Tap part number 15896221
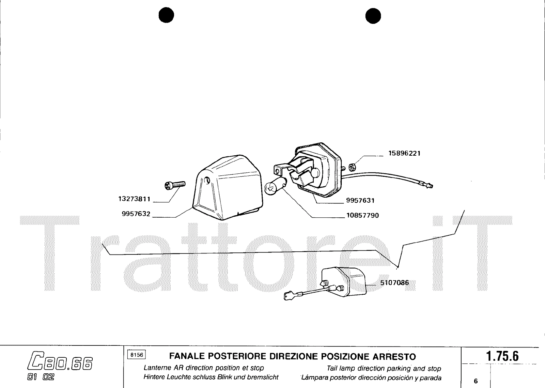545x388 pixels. pyautogui.click(x=404, y=153)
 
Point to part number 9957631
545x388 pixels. pyautogui.click(x=360, y=201)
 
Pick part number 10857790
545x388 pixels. pyautogui.click(x=362, y=216)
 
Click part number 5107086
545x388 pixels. pyautogui.click(x=394, y=282)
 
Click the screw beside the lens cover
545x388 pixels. pyautogui.click(x=175, y=185)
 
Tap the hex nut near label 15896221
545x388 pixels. pyautogui.click(x=353, y=167)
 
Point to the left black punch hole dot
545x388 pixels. pyautogui.click(x=167, y=15)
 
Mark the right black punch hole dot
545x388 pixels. pyautogui.click(x=373, y=15)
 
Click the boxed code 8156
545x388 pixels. pyautogui.click(x=137, y=355)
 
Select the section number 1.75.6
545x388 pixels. pyautogui.click(x=502, y=356)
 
